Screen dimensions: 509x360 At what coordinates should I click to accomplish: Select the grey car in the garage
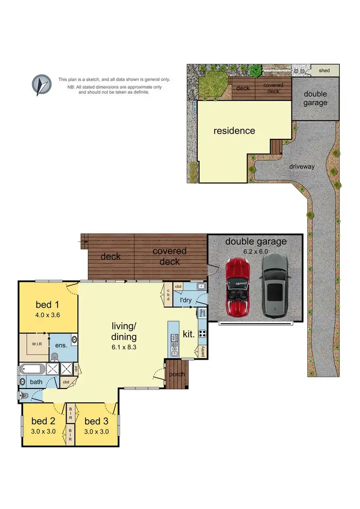(274, 286)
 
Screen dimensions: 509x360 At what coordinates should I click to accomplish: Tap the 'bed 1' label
(48, 305)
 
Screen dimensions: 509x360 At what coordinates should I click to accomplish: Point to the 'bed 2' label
(43, 421)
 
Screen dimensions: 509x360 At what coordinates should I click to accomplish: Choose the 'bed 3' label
(96, 421)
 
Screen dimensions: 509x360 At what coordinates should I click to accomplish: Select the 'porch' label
(177, 375)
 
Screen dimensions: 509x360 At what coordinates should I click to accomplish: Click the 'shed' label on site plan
(324, 71)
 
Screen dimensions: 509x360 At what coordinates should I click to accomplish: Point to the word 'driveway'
(302, 167)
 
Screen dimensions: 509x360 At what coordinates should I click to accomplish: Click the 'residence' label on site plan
(234, 131)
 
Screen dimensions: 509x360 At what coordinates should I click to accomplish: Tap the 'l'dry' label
(186, 301)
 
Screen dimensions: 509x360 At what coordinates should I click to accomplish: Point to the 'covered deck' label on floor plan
(169, 256)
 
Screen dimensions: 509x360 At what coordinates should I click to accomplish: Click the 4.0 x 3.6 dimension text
(48, 315)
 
